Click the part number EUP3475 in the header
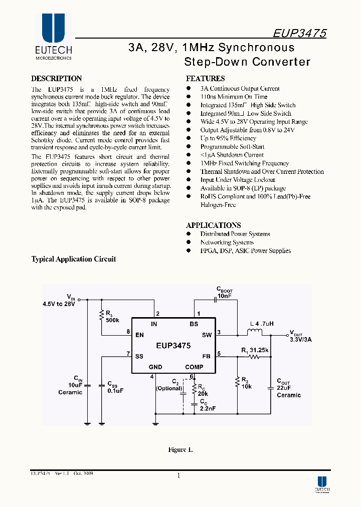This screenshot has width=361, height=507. [x=299, y=34]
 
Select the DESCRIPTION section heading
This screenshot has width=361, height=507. [x=56, y=79]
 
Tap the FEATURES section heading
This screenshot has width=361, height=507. [x=205, y=79]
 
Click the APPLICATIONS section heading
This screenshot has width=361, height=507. [x=213, y=225]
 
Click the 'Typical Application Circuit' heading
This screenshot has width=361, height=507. [x=74, y=260]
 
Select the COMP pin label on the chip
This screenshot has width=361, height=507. [x=194, y=367]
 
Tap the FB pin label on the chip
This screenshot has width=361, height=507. [x=207, y=356]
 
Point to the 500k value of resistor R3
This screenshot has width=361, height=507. [x=112, y=320]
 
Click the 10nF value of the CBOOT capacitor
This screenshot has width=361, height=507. [x=224, y=297]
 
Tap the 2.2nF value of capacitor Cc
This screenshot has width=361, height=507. [x=207, y=409]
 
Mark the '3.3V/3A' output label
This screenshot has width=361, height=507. [x=300, y=340]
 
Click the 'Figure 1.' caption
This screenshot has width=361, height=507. [x=180, y=450]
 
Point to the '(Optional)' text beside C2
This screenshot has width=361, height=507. [x=169, y=388]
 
